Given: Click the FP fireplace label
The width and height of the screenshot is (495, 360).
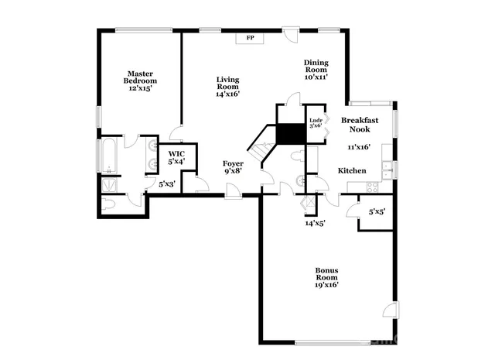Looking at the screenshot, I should pos(250,37).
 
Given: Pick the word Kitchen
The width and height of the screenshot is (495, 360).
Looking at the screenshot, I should pos(351,170).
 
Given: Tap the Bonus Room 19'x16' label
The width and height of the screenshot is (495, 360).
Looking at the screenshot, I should pos(326,277).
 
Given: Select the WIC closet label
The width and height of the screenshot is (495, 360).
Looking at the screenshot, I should pos(176,158).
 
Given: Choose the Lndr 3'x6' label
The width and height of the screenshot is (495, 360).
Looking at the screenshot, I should pos(316,123).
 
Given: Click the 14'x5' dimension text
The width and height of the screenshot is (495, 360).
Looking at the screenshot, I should pos(315,223).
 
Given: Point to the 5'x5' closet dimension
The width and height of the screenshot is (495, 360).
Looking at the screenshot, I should pos(377,211).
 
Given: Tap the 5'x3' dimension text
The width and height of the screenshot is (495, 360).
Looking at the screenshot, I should pos(167,184).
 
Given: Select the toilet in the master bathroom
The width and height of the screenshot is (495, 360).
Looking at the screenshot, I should pos(109,204).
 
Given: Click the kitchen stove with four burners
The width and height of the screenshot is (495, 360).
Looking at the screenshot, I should pos(372,186).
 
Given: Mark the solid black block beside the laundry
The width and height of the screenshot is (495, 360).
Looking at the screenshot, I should pos(291,133).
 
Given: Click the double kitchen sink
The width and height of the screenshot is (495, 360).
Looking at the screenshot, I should pos(385,165).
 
